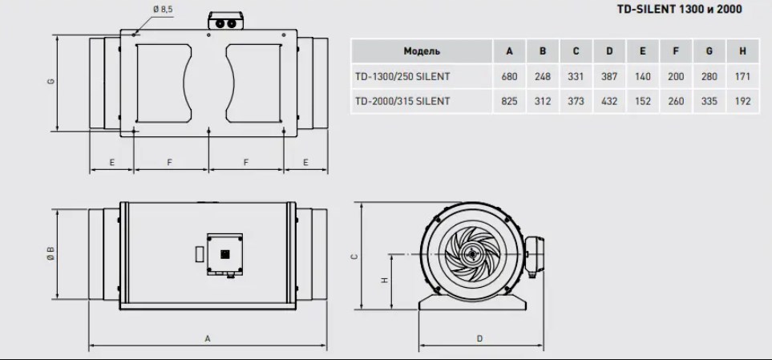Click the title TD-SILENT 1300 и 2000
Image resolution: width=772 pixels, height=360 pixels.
pyautogui.click(x=679, y=9)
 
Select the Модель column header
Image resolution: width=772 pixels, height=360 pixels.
pyautogui.click(x=422, y=51)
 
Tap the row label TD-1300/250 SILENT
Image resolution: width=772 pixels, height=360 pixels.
pyautogui.click(x=402, y=77)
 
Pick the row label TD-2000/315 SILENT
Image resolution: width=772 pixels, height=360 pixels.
pyautogui.click(x=402, y=102)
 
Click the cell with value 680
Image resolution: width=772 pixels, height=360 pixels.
pyautogui.click(x=509, y=77)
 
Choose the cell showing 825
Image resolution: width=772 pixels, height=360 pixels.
pyautogui.click(x=509, y=102)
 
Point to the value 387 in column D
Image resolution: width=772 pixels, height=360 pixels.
pyautogui.click(x=609, y=77)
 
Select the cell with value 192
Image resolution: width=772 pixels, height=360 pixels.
pyautogui.click(x=742, y=102)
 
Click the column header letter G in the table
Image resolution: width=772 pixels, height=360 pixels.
pyautogui.click(x=709, y=51)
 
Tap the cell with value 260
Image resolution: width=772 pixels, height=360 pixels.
pyautogui.click(x=676, y=102)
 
